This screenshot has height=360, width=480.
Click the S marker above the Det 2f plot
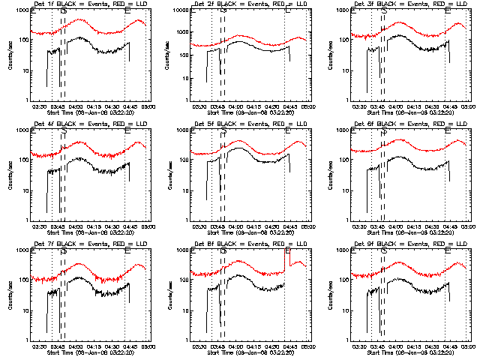tap(223, 11)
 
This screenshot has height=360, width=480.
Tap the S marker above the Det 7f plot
tap(63, 251)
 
